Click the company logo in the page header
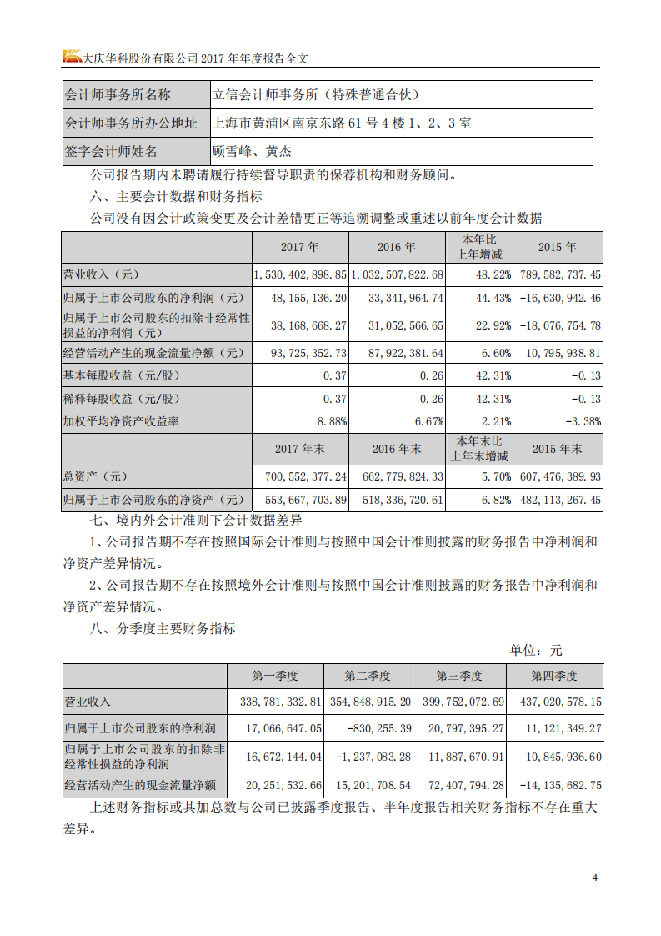pos(73,57)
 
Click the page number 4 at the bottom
pos(595,878)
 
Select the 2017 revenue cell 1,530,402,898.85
pos(299,274)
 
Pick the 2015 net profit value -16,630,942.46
pos(558,297)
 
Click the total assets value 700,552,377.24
pos(299,477)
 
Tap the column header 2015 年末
pos(558,449)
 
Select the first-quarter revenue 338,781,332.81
pos(275,702)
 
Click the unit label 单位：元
pos(536,651)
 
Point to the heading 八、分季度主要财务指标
pos(163,628)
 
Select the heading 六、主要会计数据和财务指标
pos(175,197)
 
